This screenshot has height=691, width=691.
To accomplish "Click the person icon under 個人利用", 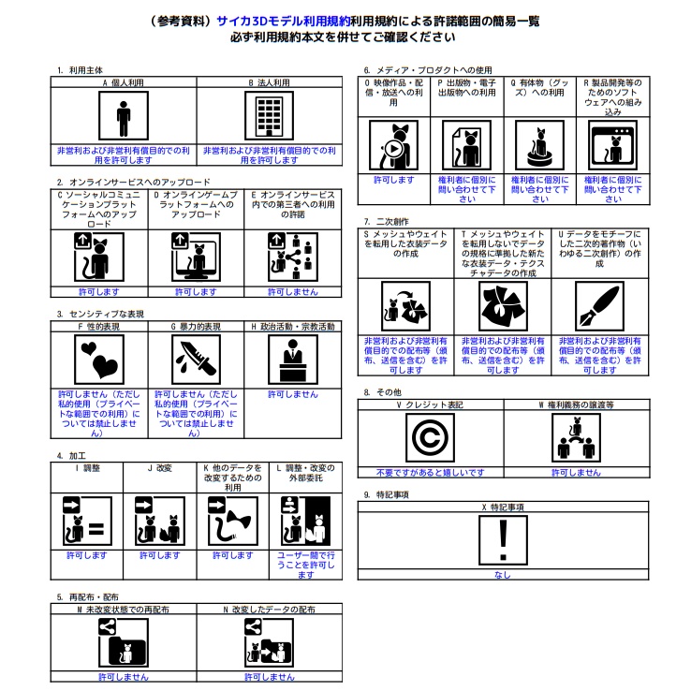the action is [124, 115].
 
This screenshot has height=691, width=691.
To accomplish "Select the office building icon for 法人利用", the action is [270, 115].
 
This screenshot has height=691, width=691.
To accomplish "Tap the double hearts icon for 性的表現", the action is [99, 360].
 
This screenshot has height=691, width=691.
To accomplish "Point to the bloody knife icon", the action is [196, 360].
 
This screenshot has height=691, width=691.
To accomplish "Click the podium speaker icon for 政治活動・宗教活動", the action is [293, 360].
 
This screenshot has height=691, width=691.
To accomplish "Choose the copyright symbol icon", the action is [430, 437].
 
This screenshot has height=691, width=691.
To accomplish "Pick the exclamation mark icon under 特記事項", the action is [503, 540].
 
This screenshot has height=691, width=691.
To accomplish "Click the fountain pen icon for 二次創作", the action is [599, 306].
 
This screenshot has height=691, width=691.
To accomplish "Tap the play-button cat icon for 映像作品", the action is [393, 145].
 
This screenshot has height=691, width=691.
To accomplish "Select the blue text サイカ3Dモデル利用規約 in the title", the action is [284, 22].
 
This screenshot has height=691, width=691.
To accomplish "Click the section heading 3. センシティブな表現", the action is [100, 314].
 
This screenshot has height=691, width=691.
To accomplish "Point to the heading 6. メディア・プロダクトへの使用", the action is [428, 70].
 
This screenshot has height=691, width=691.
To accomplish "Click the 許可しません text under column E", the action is [293, 292].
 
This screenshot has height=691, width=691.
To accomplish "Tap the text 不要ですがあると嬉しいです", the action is [430, 473].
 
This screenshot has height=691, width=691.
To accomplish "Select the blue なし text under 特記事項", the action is [503, 575].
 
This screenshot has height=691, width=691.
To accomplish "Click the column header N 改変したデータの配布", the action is [270, 610].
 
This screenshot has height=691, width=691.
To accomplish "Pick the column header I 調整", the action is [87, 468].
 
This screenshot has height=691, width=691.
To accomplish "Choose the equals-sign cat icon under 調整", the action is [87, 521].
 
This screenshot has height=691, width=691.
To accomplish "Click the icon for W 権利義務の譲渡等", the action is [576, 437].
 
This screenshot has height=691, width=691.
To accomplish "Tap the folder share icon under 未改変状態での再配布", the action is [124, 642].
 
